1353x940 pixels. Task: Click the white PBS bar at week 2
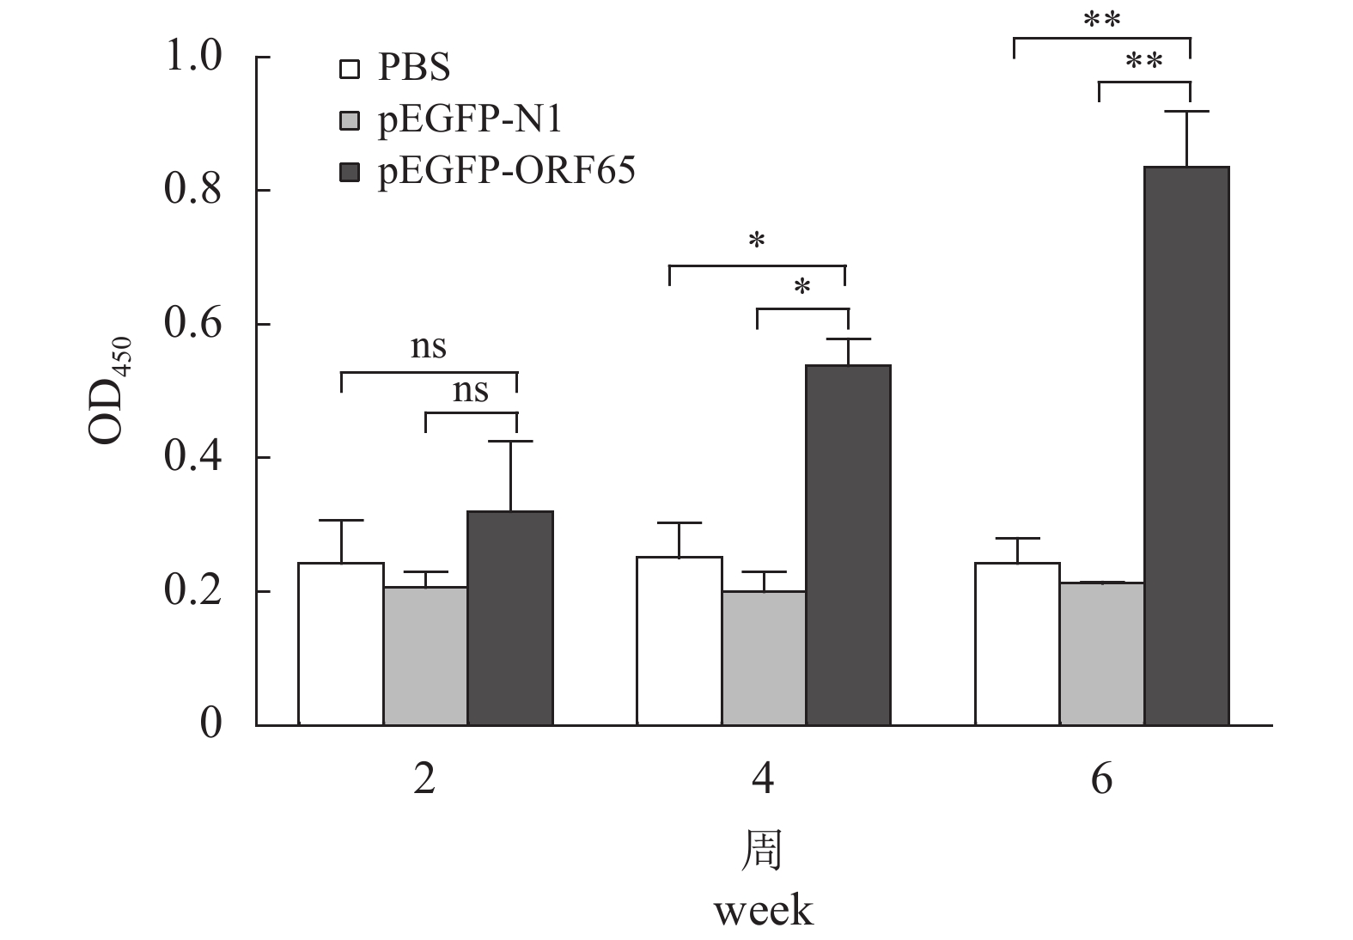click(340, 644)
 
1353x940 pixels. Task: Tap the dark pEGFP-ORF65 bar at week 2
click(509, 618)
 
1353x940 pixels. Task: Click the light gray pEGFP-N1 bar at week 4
click(764, 658)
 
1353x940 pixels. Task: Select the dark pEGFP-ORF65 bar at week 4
click(848, 545)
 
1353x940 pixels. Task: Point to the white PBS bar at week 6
click(1017, 644)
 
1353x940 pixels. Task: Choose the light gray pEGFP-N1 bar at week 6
click(1101, 654)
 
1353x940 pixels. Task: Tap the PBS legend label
click(414, 68)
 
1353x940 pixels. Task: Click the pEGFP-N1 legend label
click(470, 120)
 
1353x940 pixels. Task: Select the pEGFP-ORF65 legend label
click(507, 172)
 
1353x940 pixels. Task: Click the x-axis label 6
click(1101, 780)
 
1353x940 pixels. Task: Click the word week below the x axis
click(763, 911)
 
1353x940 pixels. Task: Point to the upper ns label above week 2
click(429, 347)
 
